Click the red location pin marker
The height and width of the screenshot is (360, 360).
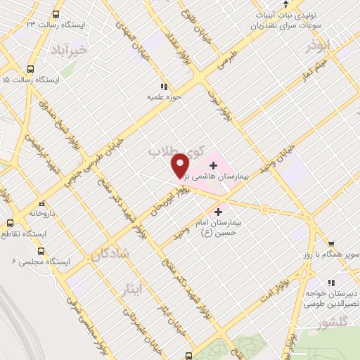point(181,164)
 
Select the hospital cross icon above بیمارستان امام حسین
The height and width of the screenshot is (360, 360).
point(219,210)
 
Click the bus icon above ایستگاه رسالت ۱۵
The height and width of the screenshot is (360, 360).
point(30,69)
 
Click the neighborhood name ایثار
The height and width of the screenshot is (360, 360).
point(129,289)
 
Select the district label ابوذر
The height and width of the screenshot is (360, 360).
point(316,45)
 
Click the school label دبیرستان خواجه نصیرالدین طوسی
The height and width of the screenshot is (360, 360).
point(331,298)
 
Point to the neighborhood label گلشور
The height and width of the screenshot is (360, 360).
point(332,323)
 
